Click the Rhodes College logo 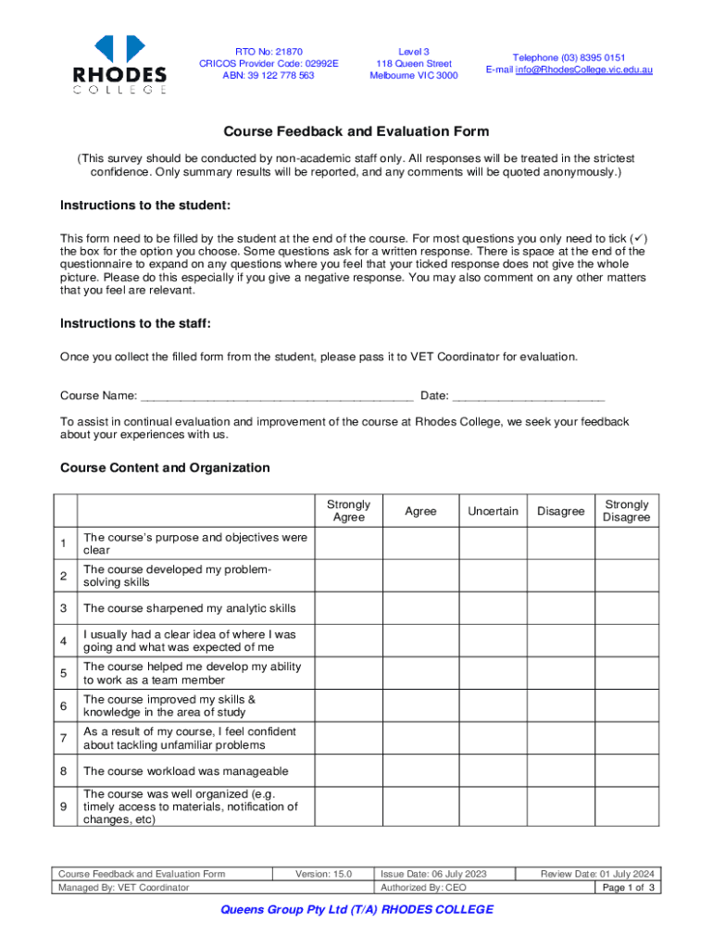(x=120, y=64)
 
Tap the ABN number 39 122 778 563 (x=268, y=76)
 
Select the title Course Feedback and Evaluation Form (x=356, y=131)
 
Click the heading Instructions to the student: (x=145, y=205)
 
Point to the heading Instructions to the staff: (x=135, y=323)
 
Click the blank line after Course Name (x=276, y=396)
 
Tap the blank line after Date (x=528, y=396)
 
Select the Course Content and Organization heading (x=165, y=468)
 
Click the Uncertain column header (x=493, y=511)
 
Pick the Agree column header (x=420, y=511)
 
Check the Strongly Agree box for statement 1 (x=348, y=543)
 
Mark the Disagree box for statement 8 (x=560, y=771)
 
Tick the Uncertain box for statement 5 (x=493, y=673)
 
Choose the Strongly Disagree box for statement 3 (x=626, y=608)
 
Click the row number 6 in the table (x=63, y=706)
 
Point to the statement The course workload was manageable (x=186, y=771)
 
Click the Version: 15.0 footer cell (x=323, y=873)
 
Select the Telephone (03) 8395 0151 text (x=569, y=57)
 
